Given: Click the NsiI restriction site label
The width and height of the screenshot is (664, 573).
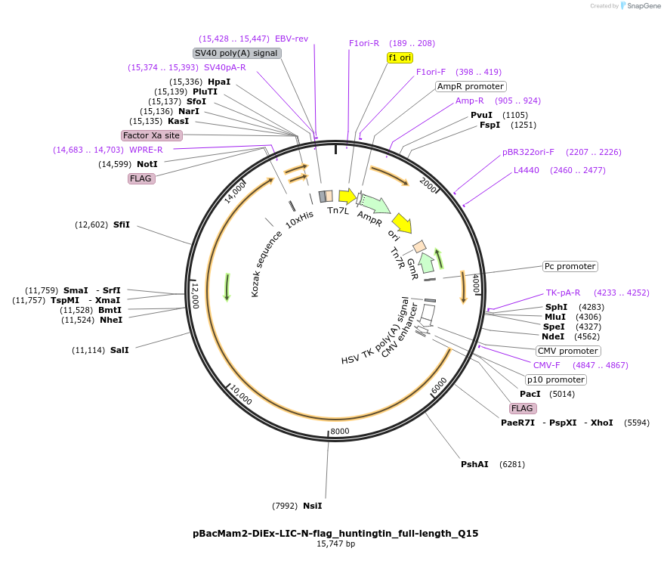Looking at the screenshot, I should [313, 506].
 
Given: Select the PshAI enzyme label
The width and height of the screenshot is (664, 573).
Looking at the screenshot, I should [474, 464].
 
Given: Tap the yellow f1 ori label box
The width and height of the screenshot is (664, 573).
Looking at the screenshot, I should [400, 57].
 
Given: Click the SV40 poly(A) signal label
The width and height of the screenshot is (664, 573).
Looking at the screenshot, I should [237, 53].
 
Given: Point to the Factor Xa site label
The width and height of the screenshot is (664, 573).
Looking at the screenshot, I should [152, 135].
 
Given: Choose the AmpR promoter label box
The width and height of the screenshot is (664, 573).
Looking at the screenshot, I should [471, 86].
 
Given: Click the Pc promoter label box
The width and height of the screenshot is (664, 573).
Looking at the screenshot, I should [570, 266].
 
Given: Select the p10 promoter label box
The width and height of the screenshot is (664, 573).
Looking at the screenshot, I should [556, 379].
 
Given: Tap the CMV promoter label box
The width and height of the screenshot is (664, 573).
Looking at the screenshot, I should [568, 351].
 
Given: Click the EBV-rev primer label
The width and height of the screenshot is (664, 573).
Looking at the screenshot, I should [292, 39].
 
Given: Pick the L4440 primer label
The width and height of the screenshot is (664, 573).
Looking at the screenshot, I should [527, 170].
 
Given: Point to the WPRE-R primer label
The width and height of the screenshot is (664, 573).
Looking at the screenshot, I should [146, 150].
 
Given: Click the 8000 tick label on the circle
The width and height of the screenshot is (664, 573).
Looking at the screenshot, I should [340, 432].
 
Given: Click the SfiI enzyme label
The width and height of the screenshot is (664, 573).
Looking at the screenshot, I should [122, 225].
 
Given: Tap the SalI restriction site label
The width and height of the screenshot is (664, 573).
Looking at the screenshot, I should [119, 350].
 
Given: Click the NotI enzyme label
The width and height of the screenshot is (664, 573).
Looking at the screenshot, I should [147, 164].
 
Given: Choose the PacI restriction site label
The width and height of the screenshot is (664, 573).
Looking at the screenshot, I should [530, 394].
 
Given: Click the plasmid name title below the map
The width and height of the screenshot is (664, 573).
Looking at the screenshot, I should [335, 533].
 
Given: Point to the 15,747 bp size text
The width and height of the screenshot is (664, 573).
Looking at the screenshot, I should [335, 544].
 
